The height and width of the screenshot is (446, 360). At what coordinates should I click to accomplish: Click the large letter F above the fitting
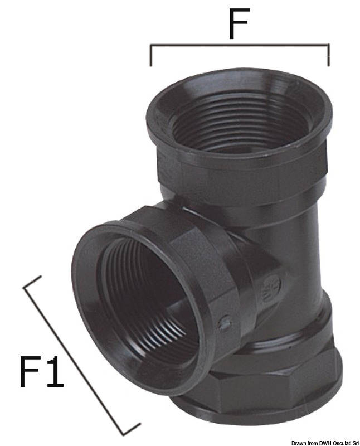[238, 22]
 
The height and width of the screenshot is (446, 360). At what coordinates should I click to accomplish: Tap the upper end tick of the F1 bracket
[33, 282]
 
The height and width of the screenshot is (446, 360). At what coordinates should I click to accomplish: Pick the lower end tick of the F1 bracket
[132, 429]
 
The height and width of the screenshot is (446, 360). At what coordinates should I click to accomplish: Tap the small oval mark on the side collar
[225, 322]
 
